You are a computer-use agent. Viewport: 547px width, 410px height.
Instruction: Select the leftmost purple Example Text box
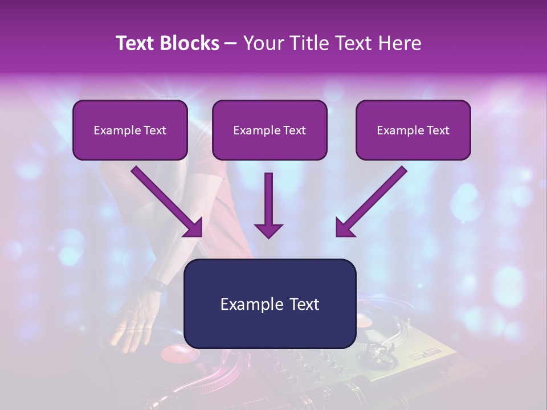click(x=130, y=130)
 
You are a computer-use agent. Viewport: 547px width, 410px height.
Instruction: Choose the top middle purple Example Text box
click(x=270, y=130)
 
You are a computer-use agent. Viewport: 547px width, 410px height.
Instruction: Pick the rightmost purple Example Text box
click(x=413, y=130)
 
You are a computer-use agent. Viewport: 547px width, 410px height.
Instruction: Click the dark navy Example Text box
click(x=270, y=304)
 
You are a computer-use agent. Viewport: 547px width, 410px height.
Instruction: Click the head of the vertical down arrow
click(x=268, y=230)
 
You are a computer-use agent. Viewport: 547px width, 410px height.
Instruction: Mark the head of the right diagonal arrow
click(x=344, y=228)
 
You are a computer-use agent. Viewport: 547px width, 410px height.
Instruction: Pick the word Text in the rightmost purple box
click(x=438, y=130)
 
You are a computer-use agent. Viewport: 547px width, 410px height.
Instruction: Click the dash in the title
click(x=231, y=43)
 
